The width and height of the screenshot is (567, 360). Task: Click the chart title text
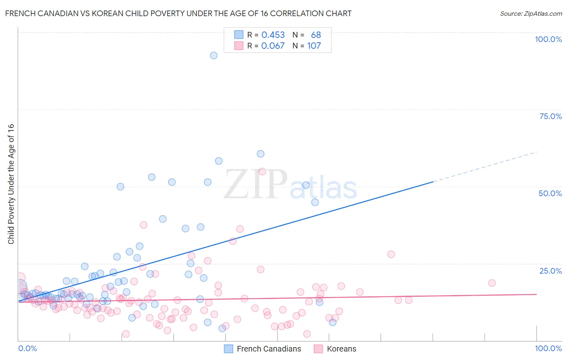[x=178, y=13]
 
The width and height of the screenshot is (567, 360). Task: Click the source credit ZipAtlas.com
[x=531, y=13]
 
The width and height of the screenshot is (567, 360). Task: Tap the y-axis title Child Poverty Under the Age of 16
[x=11, y=184]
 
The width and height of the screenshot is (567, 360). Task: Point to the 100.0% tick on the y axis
[x=548, y=39]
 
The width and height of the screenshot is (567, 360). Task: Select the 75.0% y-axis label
[x=550, y=116]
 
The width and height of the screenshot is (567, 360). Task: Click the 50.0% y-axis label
[x=550, y=193]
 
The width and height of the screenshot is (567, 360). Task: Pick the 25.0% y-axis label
[x=550, y=271]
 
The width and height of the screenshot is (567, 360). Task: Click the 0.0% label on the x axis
[x=27, y=348]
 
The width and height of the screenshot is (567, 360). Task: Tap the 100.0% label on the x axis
[x=548, y=348]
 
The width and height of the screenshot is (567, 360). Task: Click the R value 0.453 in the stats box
[x=273, y=35]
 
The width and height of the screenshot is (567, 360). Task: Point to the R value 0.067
[x=273, y=46]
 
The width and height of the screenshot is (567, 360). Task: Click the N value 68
[x=316, y=35]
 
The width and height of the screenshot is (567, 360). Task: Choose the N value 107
[x=314, y=46]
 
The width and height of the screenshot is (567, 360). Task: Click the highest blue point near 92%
[x=214, y=55]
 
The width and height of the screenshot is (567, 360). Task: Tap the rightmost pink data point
[x=492, y=283]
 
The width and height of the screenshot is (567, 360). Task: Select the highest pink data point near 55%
[x=262, y=172]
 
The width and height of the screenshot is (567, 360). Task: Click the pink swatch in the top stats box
[x=239, y=46]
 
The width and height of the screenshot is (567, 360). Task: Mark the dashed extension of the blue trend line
[x=484, y=167]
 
